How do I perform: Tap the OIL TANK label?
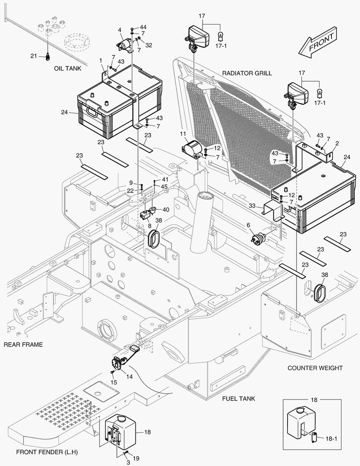point(68,68)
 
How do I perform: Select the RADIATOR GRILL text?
point(247,73)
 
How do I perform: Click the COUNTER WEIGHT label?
point(315,368)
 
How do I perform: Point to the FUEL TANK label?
point(238,398)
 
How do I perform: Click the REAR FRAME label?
point(23,345)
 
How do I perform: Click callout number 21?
point(33,56)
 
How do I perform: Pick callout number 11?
point(183,134)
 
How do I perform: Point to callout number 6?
point(248,225)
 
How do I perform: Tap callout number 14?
point(129,376)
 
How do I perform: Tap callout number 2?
point(337,143)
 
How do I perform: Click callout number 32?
point(148,44)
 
